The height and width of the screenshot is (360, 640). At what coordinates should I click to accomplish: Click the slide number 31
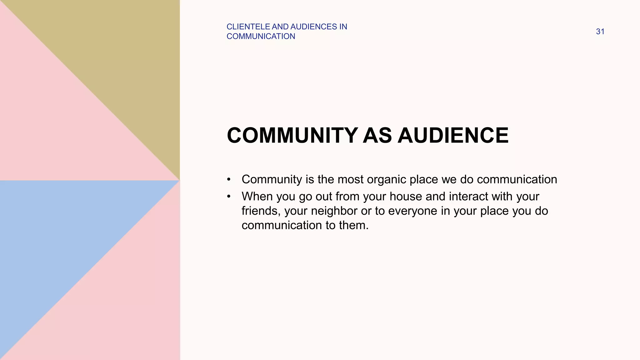pyautogui.click(x=600, y=32)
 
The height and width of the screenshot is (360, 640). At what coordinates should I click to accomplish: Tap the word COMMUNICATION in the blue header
pyautogui.click(x=261, y=37)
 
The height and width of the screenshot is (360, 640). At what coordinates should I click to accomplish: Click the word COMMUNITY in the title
pyautogui.click(x=292, y=136)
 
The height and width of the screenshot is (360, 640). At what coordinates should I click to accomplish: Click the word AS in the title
pyautogui.click(x=377, y=136)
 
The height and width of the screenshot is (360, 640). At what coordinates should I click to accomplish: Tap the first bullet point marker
pyautogui.click(x=229, y=180)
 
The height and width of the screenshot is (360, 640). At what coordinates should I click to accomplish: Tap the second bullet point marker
pyautogui.click(x=229, y=197)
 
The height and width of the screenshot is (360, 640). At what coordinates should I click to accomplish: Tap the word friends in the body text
pyautogui.click(x=261, y=211)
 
